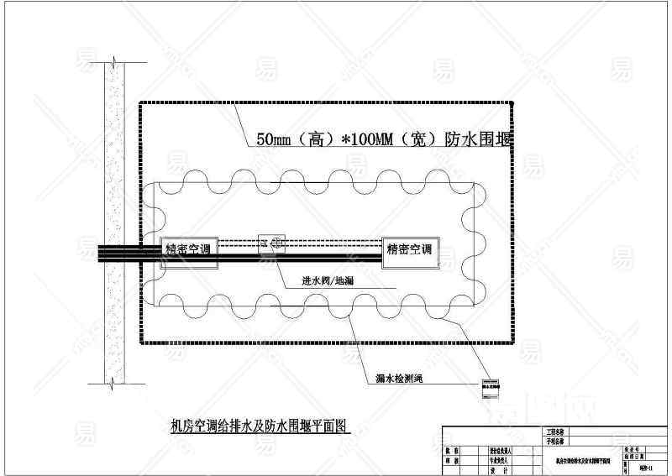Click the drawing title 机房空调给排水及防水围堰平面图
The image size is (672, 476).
click(x=259, y=426)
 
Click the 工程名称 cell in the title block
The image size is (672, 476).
click(x=555, y=431)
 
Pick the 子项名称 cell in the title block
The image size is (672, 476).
click(x=555, y=440)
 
